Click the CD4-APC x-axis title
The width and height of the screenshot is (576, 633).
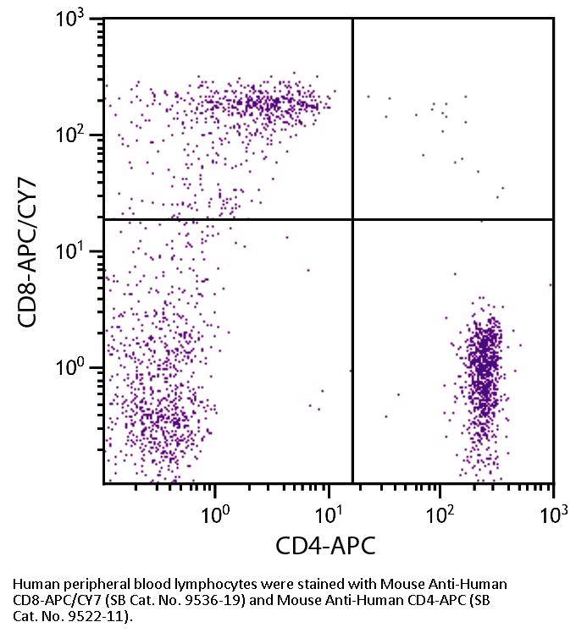pos(325,546)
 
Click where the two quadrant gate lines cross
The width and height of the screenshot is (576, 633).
pos(352,219)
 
